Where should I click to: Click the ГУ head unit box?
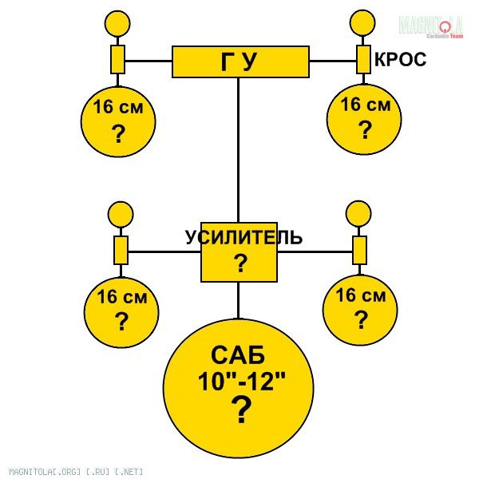pyautogui.click(x=240, y=61)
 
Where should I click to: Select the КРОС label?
pyautogui.click(x=400, y=60)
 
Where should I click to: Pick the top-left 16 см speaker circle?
pyautogui.click(x=118, y=121)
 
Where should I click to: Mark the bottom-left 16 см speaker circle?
pyautogui.click(x=121, y=311)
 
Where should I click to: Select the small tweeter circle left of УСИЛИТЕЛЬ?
pyautogui.click(x=121, y=214)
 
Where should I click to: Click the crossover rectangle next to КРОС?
pyautogui.click(x=363, y=59)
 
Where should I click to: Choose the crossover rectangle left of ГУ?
pyautogui.click(x=117, y=59)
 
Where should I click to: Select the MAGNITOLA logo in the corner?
pyautogui.click(x=431, y=26)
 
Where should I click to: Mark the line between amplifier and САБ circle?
pyautogui.click(x=239, y=300)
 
